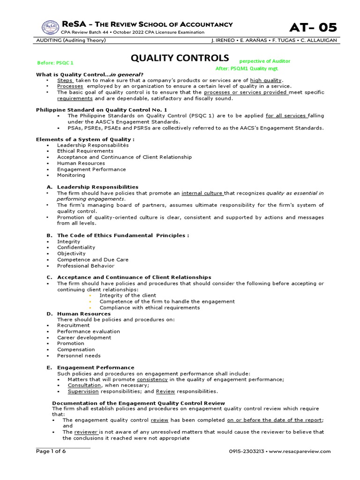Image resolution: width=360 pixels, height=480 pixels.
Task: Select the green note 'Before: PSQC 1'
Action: tap(55, 62)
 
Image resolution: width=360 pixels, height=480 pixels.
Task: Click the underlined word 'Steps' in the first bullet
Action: tap(66, 80)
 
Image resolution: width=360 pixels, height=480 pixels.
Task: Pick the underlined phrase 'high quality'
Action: tap(266, 80)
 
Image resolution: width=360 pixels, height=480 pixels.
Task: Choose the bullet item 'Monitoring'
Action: tap(71, 175)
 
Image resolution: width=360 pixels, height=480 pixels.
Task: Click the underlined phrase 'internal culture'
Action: tap(202, 193)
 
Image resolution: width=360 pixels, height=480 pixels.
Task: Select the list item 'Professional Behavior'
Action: tap(86, 266)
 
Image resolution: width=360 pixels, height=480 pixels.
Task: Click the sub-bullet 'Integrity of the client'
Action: tap(128, 295)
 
